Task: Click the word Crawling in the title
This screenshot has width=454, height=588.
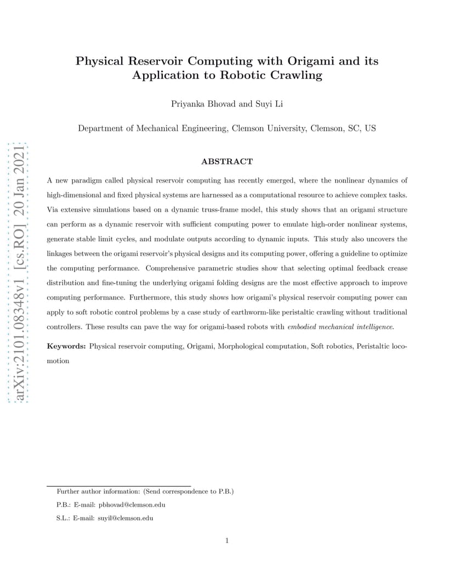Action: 296,76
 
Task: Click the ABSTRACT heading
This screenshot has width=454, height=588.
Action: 227,162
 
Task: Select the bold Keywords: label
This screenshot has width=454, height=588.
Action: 66,346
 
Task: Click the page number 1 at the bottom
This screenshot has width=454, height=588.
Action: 227,541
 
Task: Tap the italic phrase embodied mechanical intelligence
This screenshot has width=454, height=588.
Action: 340,327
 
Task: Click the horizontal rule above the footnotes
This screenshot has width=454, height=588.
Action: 118,486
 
